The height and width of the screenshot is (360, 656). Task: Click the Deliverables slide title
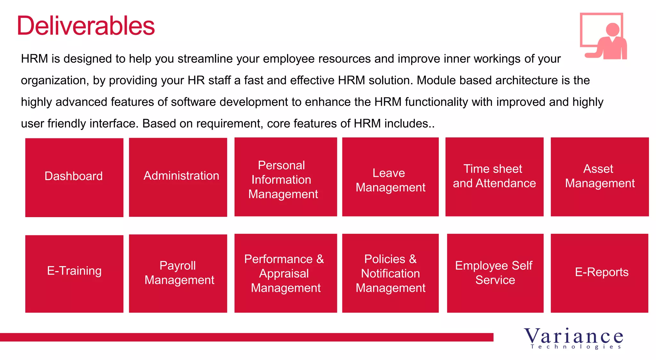86,26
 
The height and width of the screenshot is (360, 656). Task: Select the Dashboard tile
74,177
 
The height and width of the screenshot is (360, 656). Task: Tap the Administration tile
178,177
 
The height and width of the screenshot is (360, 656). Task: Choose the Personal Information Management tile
285,177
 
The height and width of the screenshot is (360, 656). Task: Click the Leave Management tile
390,177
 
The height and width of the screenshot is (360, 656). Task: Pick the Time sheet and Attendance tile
494,177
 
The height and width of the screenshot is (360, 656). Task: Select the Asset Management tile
600,177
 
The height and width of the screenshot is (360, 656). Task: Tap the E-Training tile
74,274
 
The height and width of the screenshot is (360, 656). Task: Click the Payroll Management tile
178,273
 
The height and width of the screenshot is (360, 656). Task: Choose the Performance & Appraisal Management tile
285,273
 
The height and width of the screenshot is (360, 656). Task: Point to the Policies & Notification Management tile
390,273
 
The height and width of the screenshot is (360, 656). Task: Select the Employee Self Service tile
495,273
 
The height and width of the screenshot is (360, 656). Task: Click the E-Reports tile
599,273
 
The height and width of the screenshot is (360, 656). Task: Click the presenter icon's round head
613,29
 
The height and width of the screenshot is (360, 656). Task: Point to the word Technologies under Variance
576,347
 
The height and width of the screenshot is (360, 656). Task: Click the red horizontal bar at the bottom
247,337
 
